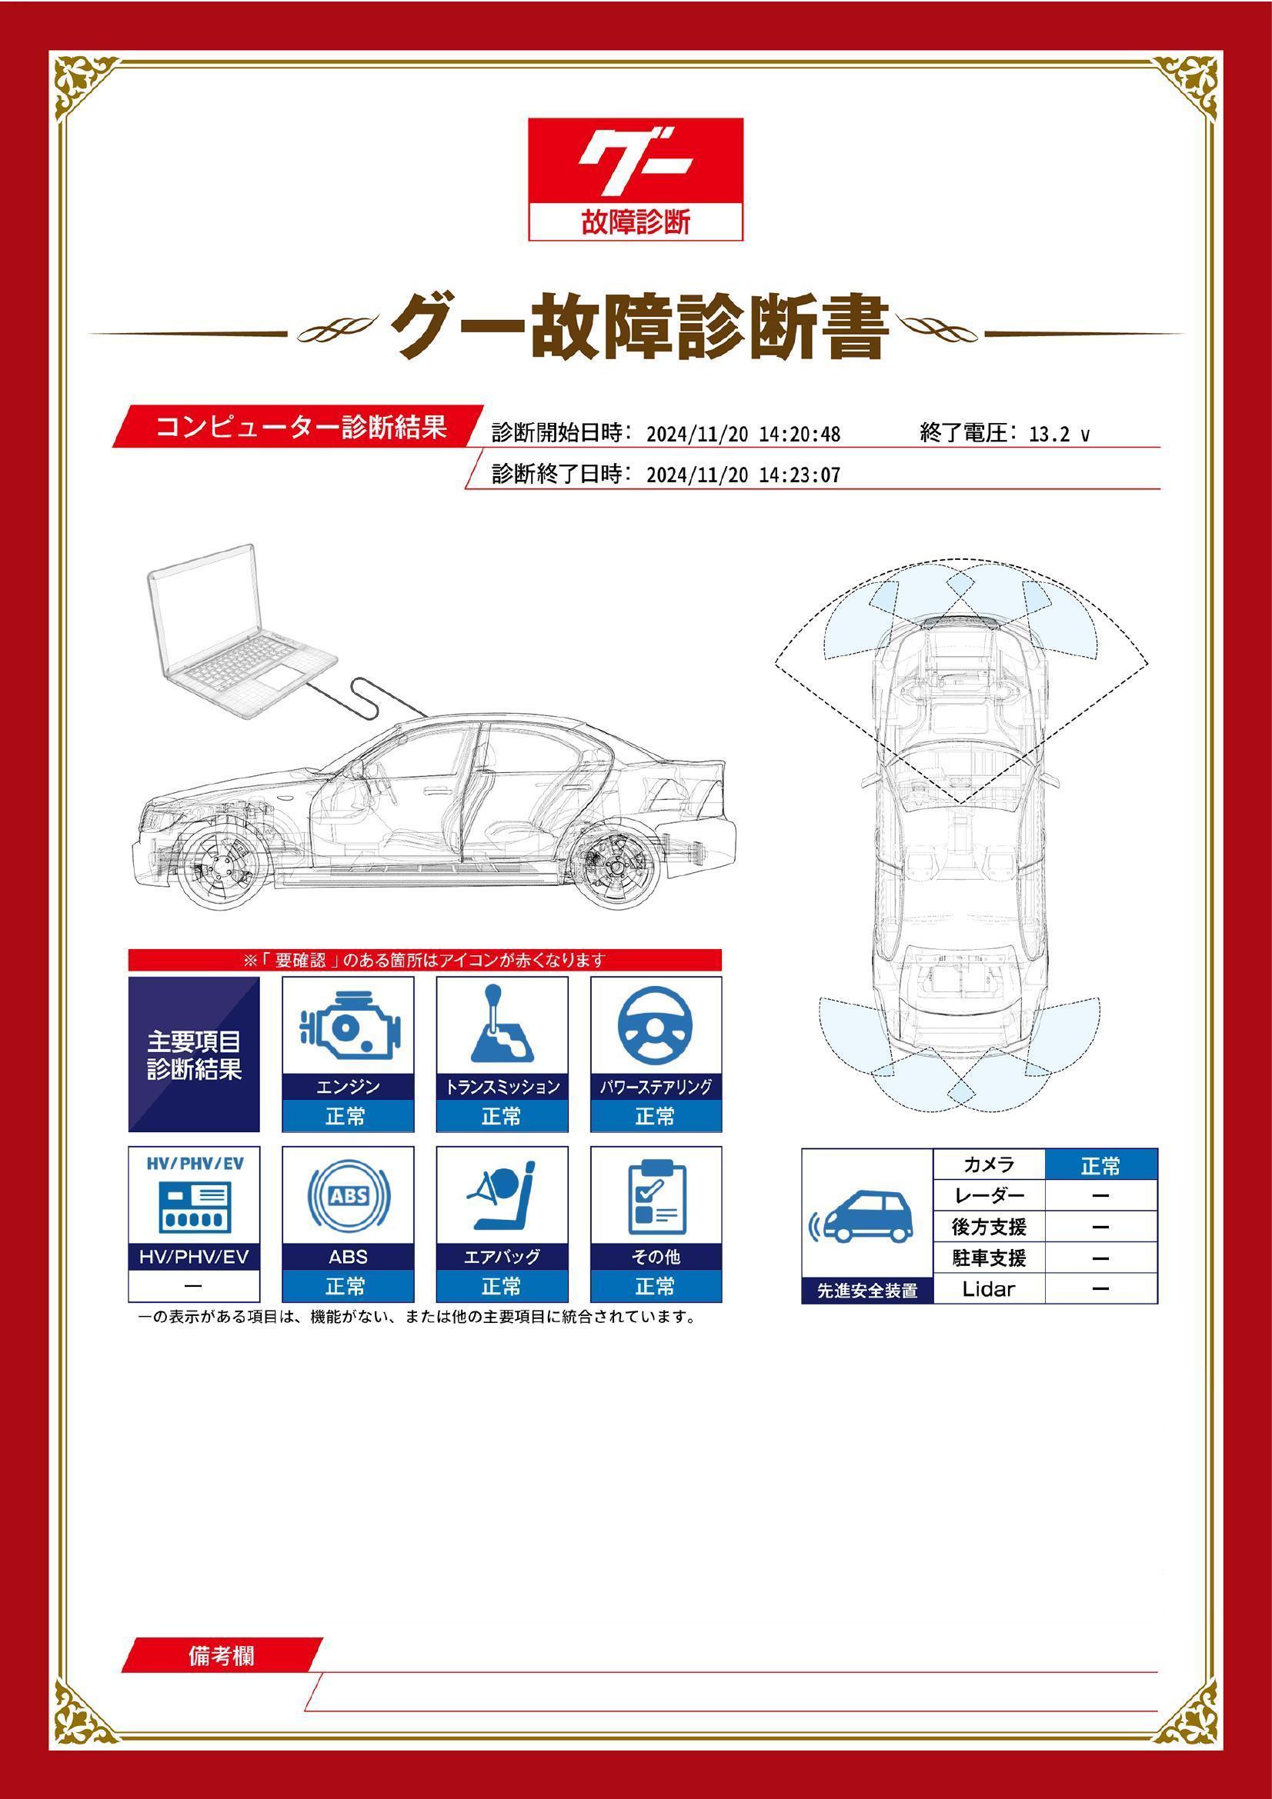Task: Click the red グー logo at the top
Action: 635,178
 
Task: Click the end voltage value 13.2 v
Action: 1059,434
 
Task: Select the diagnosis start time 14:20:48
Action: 800,434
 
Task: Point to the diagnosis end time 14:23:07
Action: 800,475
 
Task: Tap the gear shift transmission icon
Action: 502,1024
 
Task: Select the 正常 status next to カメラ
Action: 1100,1166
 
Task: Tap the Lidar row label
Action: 988,1290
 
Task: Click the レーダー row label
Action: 989,1197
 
